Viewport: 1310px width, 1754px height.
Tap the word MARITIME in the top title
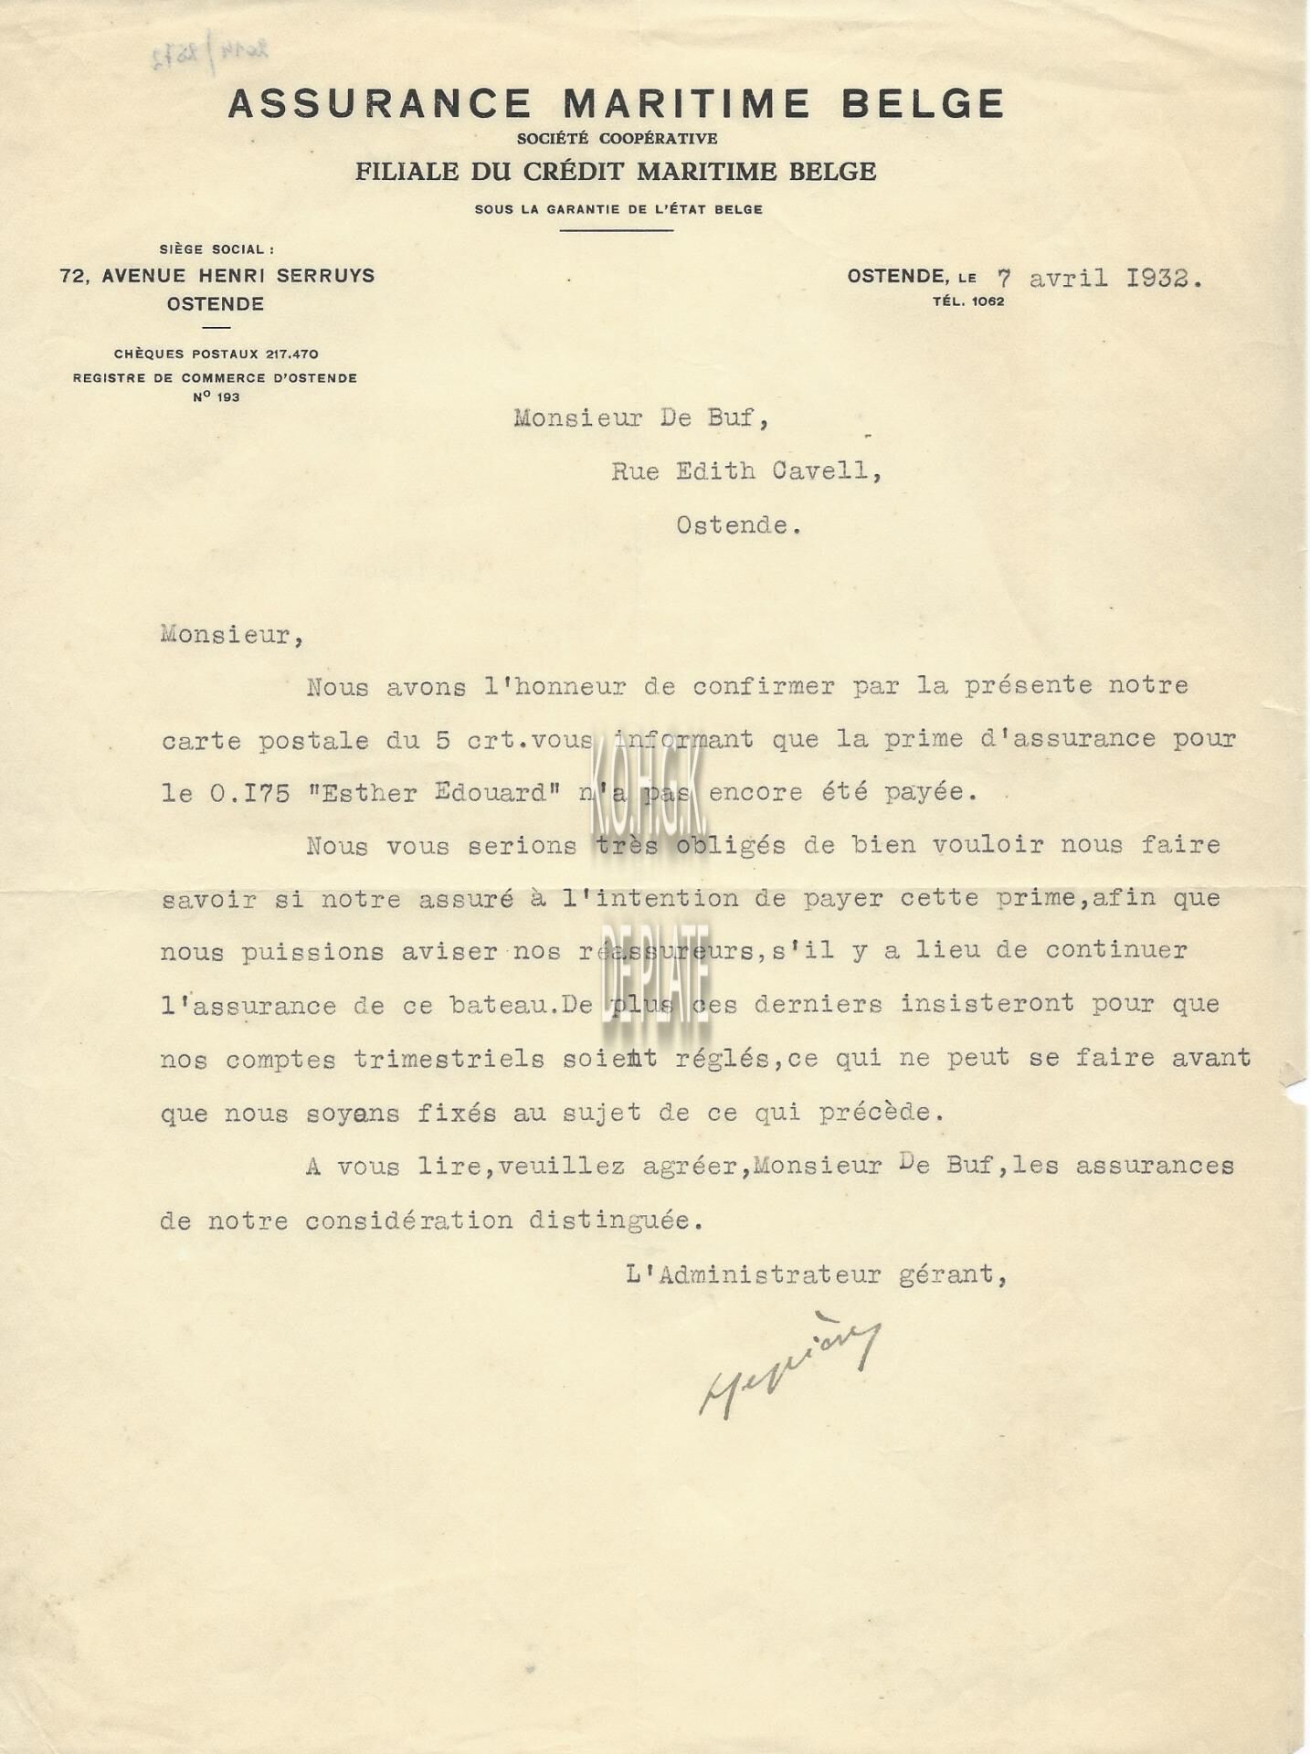(686, 103)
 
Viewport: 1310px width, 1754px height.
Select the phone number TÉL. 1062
(967, 301)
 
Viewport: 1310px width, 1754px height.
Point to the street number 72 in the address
(72, 275)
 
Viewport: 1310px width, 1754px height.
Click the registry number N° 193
(217, 397)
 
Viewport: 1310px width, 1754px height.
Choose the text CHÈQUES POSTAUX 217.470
(216, 354)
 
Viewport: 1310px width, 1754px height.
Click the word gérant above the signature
(951, 1274)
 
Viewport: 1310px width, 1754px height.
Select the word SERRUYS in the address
(326, 275)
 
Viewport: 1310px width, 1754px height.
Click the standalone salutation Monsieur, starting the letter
(232, 635)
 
